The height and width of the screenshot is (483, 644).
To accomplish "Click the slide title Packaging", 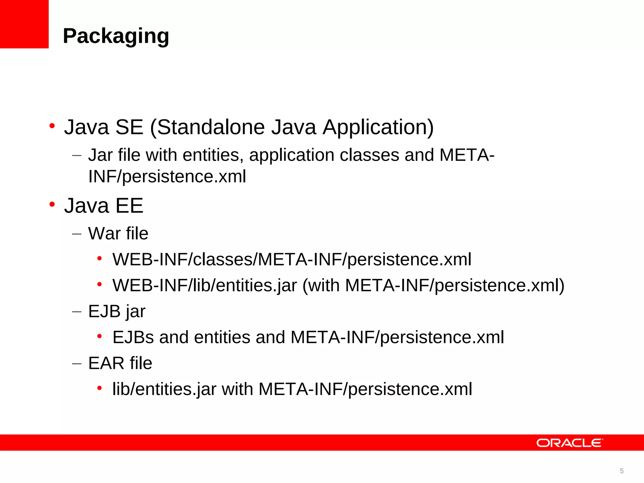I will point(116,36).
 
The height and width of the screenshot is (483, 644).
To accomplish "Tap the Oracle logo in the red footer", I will point(569,443).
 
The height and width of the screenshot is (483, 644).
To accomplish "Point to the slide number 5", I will point(622,471).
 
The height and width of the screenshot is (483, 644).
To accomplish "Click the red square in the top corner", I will point(24,24).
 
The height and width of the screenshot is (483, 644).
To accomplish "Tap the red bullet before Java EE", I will point(52,205).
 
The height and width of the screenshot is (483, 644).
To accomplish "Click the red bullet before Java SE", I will point(52,126).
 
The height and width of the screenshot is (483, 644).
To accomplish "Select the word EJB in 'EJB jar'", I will point(104,311).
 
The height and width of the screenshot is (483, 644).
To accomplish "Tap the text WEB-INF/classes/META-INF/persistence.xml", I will point(292,259).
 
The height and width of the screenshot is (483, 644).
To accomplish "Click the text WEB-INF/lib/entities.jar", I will point(205,286).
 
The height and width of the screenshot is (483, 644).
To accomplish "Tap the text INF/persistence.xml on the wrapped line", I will point(167,176).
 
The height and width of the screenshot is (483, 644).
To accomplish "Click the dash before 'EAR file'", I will point(77,364).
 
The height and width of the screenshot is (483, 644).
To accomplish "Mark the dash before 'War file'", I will point(77,234).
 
